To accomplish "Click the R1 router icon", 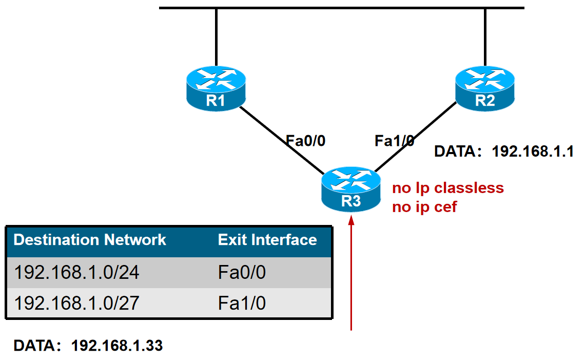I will coord(216,88).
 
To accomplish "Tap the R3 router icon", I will coord(351,189).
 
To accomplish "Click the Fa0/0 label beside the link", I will coord(306,141).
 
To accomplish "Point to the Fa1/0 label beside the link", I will coord(394,141).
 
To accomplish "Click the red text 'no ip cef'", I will coord(424,207).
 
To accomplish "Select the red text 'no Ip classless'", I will coord(448,188).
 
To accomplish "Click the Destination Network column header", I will coord(90,240).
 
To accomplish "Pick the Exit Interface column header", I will coord(267,240).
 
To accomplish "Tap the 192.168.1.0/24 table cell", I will coord(77,273).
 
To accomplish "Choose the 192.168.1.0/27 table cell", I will coord(77,303).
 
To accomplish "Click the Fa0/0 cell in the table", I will coord(242,273).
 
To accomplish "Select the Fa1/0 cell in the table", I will coord(242,303).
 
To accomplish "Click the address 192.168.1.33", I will coord(117,346).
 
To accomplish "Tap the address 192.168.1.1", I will coord(533,152).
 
